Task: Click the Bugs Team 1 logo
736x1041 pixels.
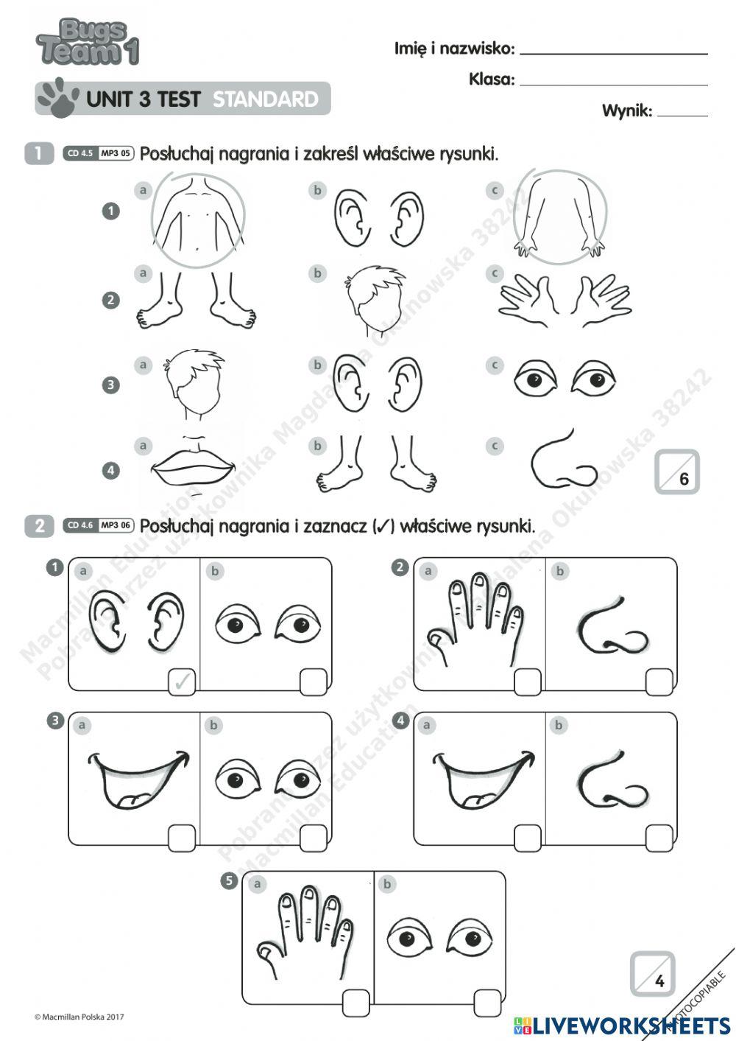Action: pos(87,43)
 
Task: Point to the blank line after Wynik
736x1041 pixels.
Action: pos(682,113)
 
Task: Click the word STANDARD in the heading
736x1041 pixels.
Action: pos(266,99)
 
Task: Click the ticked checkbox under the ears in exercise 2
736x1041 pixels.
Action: pos(182,681)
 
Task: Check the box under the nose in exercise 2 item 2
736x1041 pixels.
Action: pos(659,681)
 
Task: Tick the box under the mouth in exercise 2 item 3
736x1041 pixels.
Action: pos(182,837)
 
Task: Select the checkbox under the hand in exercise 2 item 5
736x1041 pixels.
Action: pos(355,1002)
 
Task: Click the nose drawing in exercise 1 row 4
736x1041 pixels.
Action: pos(563,461)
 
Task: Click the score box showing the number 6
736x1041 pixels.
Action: pos(676,472)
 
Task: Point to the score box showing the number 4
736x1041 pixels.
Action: pos(652,974)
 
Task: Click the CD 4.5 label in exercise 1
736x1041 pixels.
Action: pos(79,153)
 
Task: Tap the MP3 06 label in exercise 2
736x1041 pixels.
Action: pos(116,525)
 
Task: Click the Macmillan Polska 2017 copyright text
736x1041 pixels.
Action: pos(79,1017)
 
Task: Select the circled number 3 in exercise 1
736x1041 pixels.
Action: pos(110,385)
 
